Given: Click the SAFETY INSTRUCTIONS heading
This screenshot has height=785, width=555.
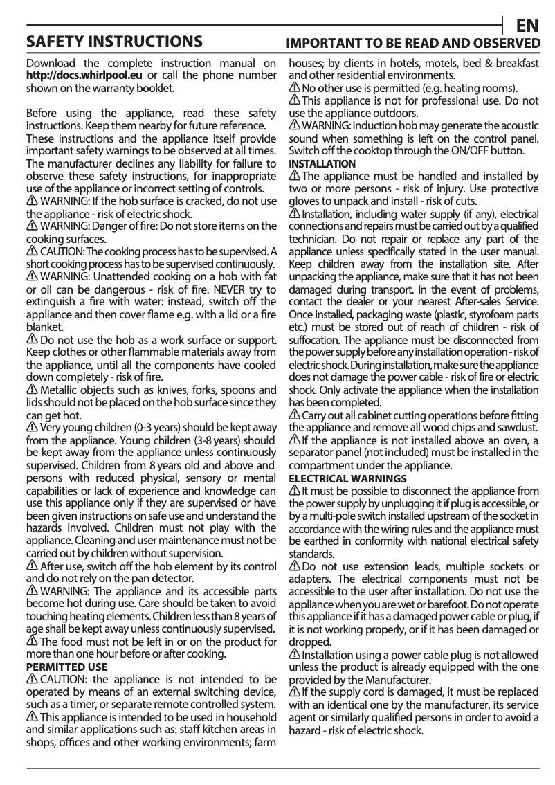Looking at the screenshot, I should click(114, 42).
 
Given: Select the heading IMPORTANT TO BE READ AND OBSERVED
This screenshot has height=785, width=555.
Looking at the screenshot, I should click(413, 43).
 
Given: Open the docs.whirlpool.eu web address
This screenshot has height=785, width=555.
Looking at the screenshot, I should click(84, 75).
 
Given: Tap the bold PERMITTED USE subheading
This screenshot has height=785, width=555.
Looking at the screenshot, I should click(66, 667).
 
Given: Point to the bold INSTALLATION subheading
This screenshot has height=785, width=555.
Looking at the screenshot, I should click(322, 164).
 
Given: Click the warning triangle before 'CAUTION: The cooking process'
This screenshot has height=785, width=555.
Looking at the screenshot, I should click(32, 251).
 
